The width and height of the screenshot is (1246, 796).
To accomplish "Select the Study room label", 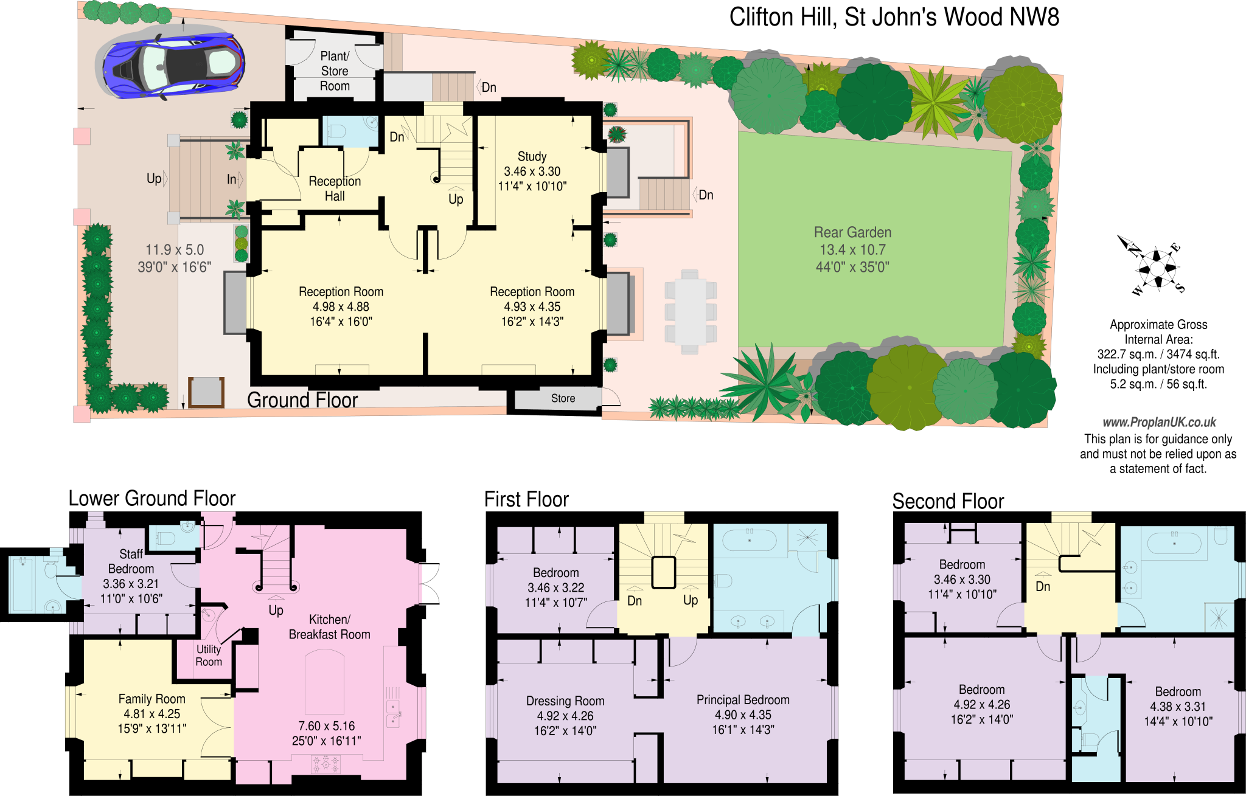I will point(532,156).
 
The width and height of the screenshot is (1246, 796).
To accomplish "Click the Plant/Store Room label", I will point(335,71).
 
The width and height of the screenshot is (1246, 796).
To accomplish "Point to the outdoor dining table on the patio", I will point(690,312).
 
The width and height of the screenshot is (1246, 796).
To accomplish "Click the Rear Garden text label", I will point(852,233).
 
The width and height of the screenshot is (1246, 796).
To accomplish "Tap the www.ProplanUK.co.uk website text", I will point(1159,422).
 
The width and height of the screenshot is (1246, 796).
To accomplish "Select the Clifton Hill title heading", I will point(894,17).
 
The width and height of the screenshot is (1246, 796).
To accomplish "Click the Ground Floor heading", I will point(302,400).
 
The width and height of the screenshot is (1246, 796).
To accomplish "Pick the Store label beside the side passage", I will point(563,398).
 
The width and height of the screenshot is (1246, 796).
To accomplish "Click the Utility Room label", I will point(209,656).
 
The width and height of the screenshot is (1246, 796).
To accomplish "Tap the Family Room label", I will point(151,699).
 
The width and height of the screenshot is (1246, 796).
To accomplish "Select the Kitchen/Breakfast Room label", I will point(329,627).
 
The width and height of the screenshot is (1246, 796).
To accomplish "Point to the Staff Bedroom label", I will point(131,561).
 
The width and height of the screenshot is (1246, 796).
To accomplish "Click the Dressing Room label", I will point(565,701).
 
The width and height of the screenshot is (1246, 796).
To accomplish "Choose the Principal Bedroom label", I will point(743,699).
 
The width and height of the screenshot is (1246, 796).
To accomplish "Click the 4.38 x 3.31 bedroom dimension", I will point(1178,707).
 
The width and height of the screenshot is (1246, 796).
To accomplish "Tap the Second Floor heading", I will point(947,501).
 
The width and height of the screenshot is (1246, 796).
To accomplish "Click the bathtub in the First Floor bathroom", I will point(749,541).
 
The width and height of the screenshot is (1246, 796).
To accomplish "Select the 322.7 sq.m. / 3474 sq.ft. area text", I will point(1158,355).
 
